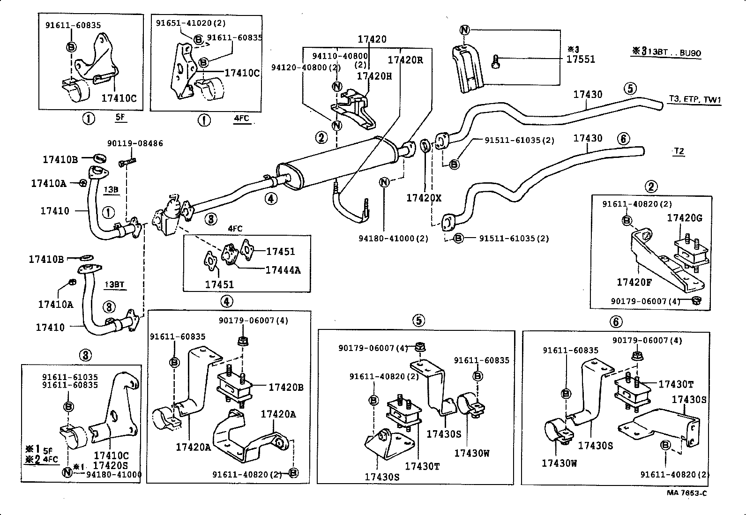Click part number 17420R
coord(405,60)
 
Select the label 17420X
coord(424,198)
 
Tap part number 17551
coord(580,59)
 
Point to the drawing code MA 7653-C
coord(687,493)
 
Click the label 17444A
coord(283,270)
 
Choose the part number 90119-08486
coord(135,143)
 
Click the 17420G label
coord(685,218)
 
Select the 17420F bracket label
coord(634,282)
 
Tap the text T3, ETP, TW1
coord(694,99)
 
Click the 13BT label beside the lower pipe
coord(114,284)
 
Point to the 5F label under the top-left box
coord(120,117)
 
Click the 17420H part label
coord(374,76)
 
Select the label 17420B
coord(286,387)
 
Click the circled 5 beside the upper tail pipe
coord(630,88)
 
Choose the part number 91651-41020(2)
coord(191,22)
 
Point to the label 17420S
coord(111,465)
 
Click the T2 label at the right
coord(679,151)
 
